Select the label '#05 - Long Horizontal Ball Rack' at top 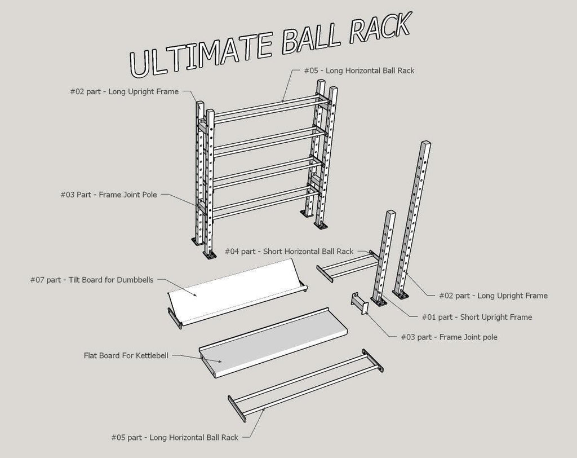tap(359, 71)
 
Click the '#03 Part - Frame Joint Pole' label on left tap(109, 195)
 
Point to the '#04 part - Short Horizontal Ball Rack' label tap(289, 252)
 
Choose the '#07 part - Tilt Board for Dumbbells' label tap(91, 279)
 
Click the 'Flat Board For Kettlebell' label tap(126, 356)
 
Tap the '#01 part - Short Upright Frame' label tap(477, 317)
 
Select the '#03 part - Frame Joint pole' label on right tap(449, 337)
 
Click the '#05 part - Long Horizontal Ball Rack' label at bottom tap(175, 437)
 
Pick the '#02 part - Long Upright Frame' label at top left tap(125, 91)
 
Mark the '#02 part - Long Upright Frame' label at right tap(493, 296)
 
